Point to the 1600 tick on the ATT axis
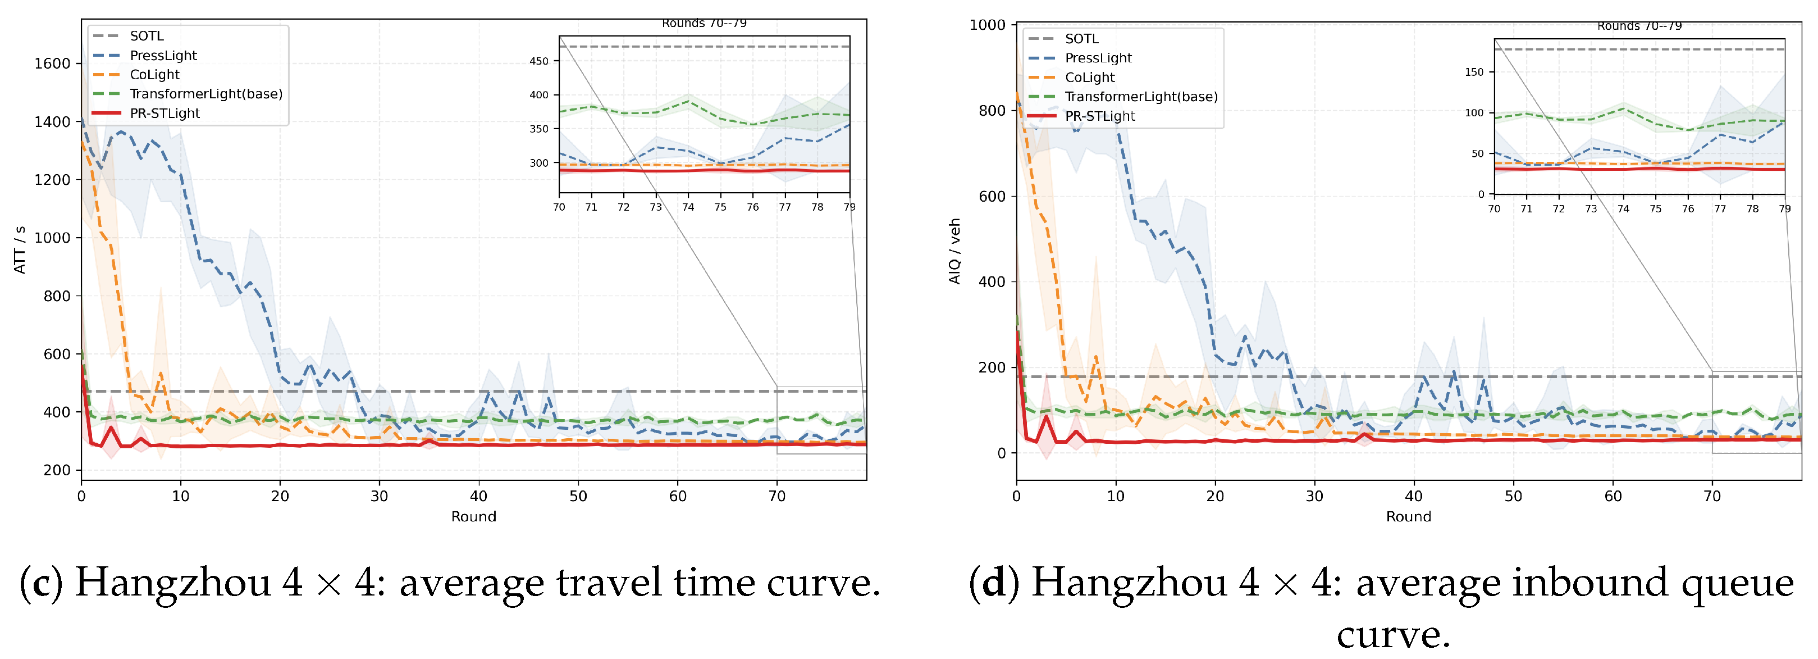[x=52, y=63]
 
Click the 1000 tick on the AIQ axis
[x=988, y=25]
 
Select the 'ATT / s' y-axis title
[x=20, y=250]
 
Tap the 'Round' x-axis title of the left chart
[x=473, y=516]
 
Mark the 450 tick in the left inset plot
[x=538, y=61]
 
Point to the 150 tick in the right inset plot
[x=1474, y=72]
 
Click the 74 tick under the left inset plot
[x=688, y=207]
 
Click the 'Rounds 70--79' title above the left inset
[x=704, y=23]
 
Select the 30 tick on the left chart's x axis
[x=380, y=496]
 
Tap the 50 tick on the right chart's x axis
[x=1514, y=496]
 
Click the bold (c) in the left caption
[x=41, y=583]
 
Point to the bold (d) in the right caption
[x=994, y=583]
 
